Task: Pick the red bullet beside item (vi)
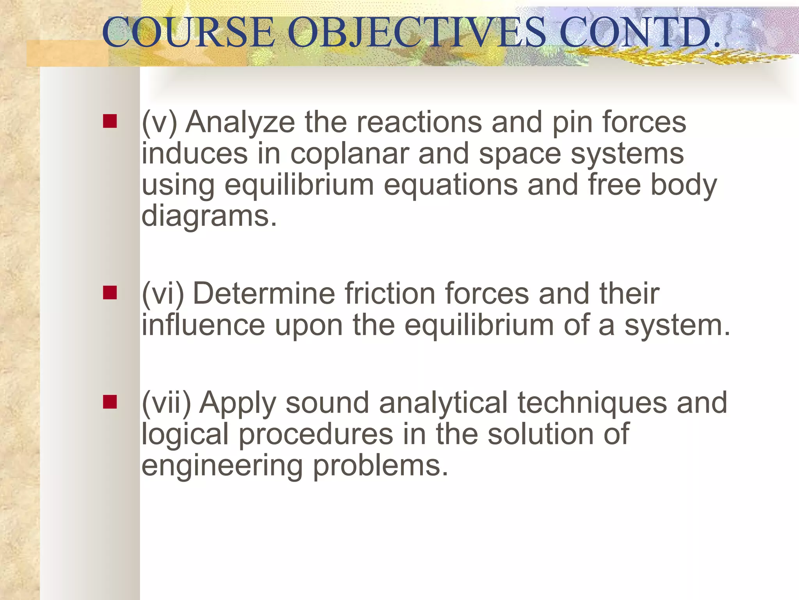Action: point(110,292)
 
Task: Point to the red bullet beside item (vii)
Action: point(110,402)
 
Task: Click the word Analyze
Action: point(240,123)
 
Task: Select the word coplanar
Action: point(349,154)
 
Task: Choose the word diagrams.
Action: point(209,216)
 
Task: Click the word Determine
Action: point(264,293)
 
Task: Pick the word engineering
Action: point(222,466)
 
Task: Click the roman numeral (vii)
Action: point(166,403)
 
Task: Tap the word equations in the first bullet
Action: point(451,185)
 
